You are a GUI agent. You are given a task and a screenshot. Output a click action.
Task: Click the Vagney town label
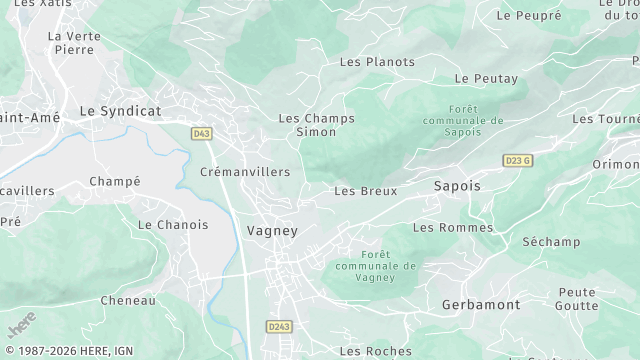tap(272, 230)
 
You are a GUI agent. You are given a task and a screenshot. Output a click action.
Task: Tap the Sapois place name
tap(457, 186)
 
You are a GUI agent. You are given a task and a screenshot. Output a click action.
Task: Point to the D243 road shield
tap(280, 326)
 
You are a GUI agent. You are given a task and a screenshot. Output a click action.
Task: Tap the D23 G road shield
tap(517, 160)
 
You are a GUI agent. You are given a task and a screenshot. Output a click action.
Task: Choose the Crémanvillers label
tap(245, 172)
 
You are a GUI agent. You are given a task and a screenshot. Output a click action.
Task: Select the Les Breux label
tap(365, 191)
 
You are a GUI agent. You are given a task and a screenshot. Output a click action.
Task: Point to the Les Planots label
tap(377, 62)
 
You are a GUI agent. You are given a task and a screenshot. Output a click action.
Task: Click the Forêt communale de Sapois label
tap(462, 118)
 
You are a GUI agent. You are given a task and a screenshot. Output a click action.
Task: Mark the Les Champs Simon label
tap(316, 125)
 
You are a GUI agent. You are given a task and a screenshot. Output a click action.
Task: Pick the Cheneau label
tap(128, 300)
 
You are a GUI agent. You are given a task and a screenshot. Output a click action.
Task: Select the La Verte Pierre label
tap(74, 42)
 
